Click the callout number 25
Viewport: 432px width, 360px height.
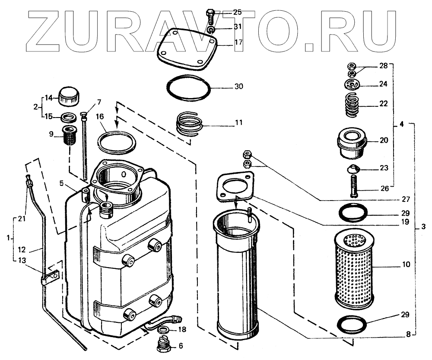pyautogui.click(x=238, y=12)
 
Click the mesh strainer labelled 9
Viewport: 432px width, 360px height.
pyautogui.click(x=69, y=136)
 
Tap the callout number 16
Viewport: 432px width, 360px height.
pyautogui.click(x=100, y=116)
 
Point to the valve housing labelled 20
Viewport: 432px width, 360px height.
pyautogui.click(x=352, y=143)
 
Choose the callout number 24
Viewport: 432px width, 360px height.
pyautogui.click(x=384, y=84)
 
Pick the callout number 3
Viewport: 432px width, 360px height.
pyautogui.click(x=423, y=226)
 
